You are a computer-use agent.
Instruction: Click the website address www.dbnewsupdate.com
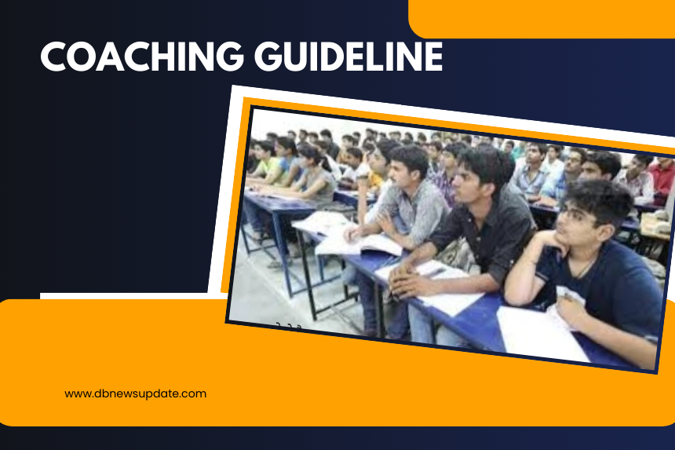135,393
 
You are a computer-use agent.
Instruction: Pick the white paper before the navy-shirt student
542,335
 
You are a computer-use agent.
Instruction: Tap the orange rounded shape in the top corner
542,19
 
